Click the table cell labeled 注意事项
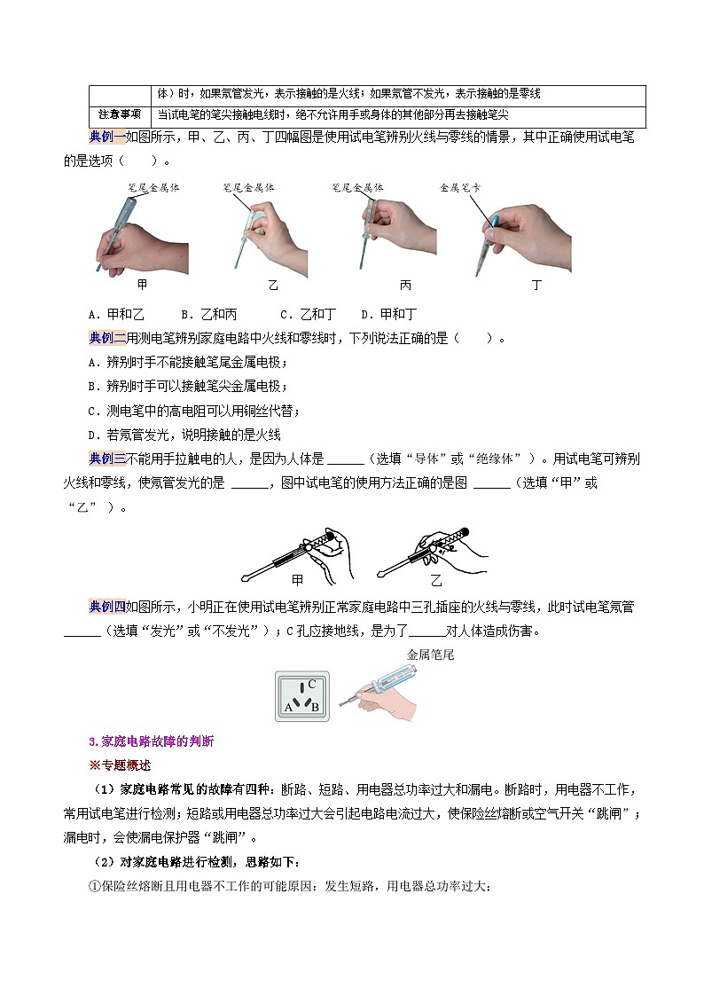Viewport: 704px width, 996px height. (x=120, y=115)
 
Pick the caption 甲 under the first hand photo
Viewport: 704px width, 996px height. (x=143, y=285)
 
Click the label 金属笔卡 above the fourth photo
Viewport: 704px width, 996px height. (x=460, y=188)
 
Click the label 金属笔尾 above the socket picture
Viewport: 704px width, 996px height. (x=430, y=655)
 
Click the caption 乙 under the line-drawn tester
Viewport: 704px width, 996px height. (x=435, y=580)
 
